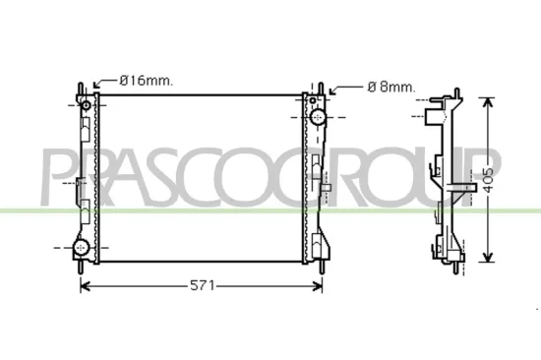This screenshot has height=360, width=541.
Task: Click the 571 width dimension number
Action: coord(201,285)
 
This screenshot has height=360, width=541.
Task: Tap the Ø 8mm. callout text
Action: coord(391,87)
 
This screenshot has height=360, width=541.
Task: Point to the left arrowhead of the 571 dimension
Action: coord(84,285)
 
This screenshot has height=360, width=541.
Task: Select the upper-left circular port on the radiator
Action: coord(86,105)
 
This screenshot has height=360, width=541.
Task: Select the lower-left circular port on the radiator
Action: coord(84,246)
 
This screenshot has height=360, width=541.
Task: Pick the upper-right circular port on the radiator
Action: coord(320,116)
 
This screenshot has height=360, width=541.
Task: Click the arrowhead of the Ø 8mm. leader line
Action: coord(331,95)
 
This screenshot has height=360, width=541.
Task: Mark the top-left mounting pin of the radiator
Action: coord(77,87)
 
